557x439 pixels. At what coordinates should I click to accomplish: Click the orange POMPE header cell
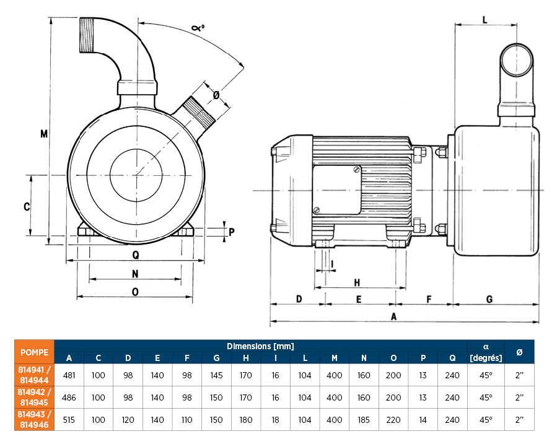coord(34,352)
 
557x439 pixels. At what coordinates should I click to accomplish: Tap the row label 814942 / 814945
coord(34,398)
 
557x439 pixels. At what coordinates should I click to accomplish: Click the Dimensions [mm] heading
coord(260,346)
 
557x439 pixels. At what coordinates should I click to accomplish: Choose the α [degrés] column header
coord(486,352)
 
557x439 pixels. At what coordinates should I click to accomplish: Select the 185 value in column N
coord(364,420)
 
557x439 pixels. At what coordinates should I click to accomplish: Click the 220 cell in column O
coord(394,420)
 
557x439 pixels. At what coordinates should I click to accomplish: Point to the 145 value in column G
coord(217,375)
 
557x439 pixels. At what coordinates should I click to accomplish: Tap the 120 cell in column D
coord(128,420)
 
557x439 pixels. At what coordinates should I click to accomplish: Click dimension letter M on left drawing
coord(43,134)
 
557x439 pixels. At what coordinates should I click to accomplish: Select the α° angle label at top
coord(198,28)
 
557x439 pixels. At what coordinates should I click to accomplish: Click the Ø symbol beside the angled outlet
coord(216,95)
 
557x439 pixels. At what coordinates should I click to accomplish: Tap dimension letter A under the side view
coord(393,316)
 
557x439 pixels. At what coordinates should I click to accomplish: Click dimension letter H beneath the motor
coord(357,282)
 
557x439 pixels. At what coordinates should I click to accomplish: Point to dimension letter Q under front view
coord(135,255)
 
